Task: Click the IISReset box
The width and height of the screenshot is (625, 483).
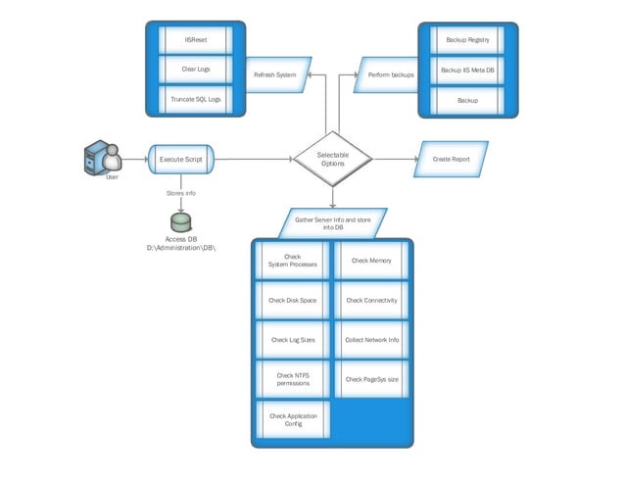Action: [x=195, y=40]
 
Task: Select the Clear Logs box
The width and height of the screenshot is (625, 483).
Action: [x=195, y=70]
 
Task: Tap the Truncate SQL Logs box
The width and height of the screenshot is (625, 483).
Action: [x=195, y=100]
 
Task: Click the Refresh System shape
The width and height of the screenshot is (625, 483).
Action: [x=275, y=74]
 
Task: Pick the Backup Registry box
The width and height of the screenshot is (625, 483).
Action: [x=467, y=40]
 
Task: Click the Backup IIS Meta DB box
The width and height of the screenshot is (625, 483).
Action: [x=467, y=71]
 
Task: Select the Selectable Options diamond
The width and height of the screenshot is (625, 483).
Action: [x=333, y=158]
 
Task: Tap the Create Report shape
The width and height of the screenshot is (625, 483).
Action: [x=451, y=159]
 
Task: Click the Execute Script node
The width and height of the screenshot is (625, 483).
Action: [x=181, y=159]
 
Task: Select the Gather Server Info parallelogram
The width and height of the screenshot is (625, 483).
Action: [x=333, y=222]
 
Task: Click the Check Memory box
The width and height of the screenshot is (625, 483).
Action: [x=371, y=261]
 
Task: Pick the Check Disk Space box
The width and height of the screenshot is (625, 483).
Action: [x=293, y=301]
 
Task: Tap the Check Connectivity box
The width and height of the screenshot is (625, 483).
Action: [x=371, y=301]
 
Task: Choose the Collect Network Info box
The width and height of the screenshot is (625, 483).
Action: [x=371, y=340]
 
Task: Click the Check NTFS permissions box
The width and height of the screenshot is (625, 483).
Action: [x=293, y=379]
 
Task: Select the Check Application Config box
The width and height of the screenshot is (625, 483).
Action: [x=293, y=418]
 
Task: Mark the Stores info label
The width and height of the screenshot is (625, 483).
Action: [x=181, y=194]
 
